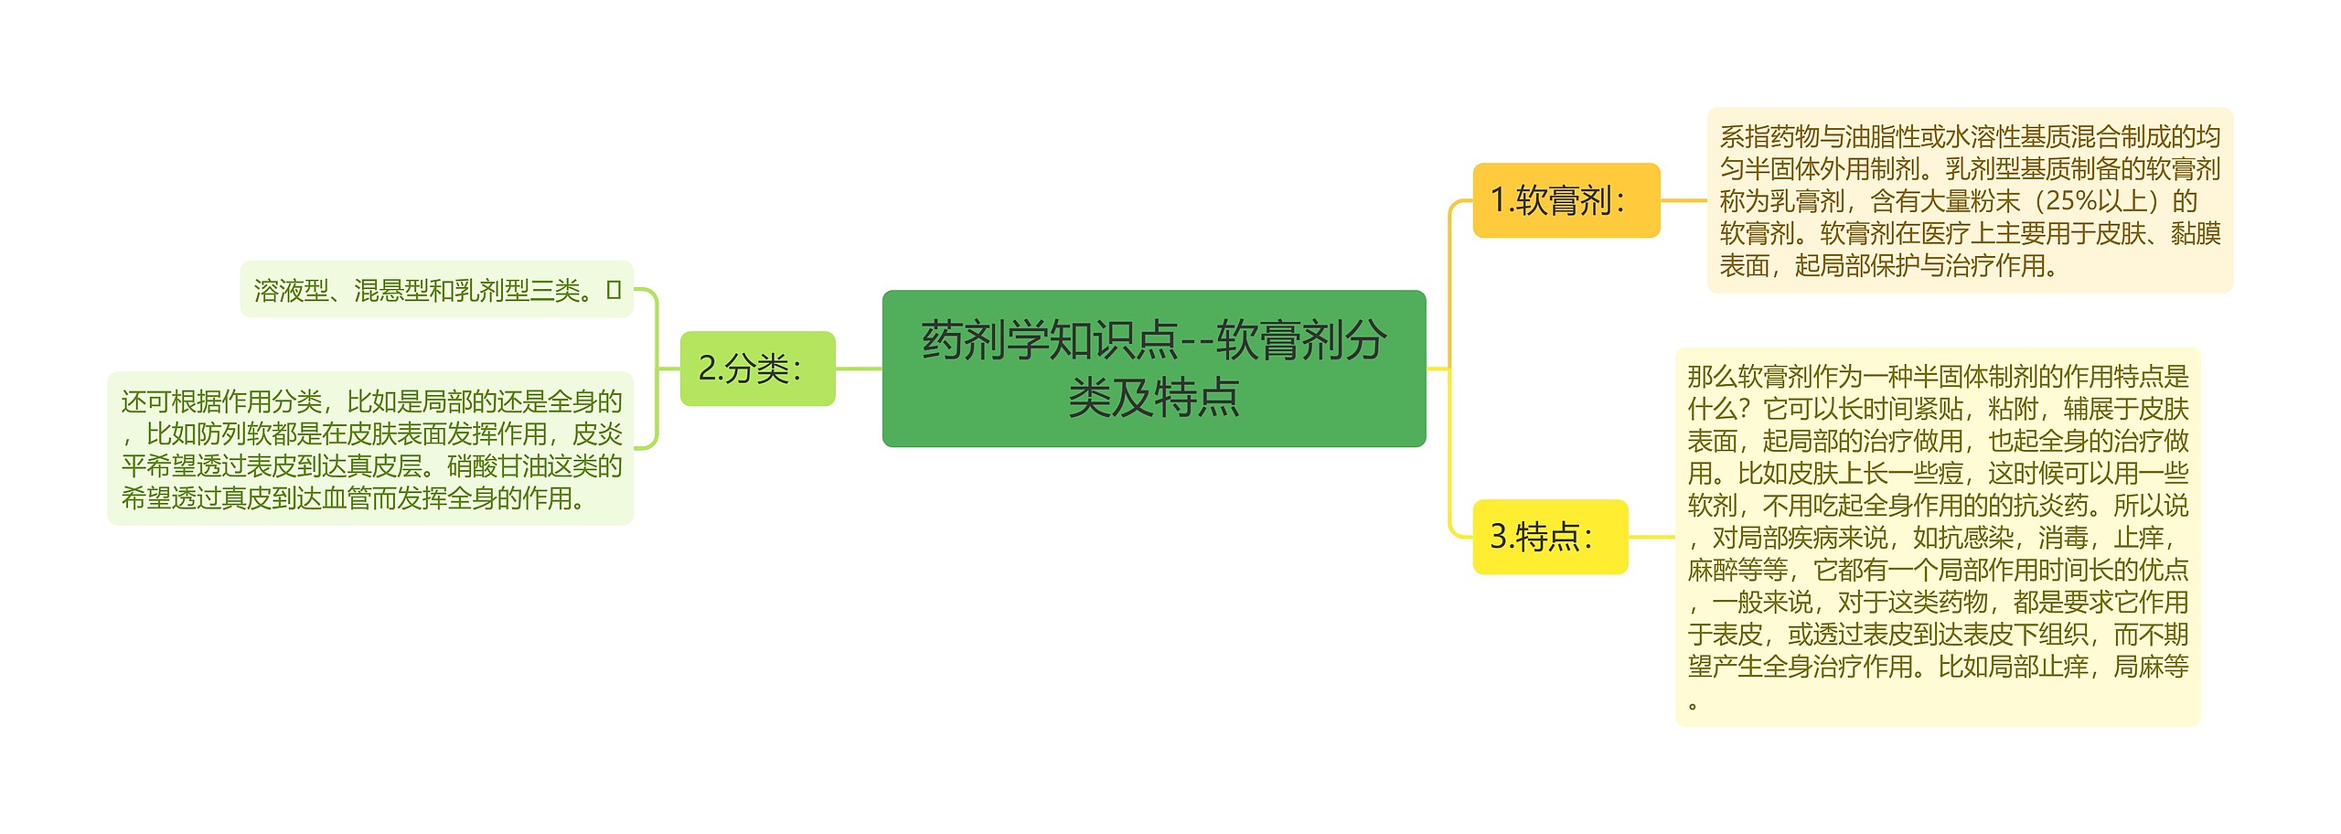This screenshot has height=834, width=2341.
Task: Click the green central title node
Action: click(1153, 369)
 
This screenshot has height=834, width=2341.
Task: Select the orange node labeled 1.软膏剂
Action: click(1566, 200)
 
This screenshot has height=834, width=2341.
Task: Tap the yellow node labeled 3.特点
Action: click(1549, 537)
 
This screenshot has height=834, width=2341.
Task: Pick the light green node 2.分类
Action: click(757, 369)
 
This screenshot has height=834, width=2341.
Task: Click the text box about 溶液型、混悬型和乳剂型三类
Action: click(436, 290)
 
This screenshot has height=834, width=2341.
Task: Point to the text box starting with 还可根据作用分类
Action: click(370, 449)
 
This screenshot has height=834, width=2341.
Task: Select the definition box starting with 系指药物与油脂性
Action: click(1970, 200)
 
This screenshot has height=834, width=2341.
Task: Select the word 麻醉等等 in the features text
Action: click(1737, 570)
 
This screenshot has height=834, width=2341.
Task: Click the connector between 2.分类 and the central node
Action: click(859, 369)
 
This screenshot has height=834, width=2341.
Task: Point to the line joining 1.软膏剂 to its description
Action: click(1683, 200)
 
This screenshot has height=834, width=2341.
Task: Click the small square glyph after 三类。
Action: click(614, 290)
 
